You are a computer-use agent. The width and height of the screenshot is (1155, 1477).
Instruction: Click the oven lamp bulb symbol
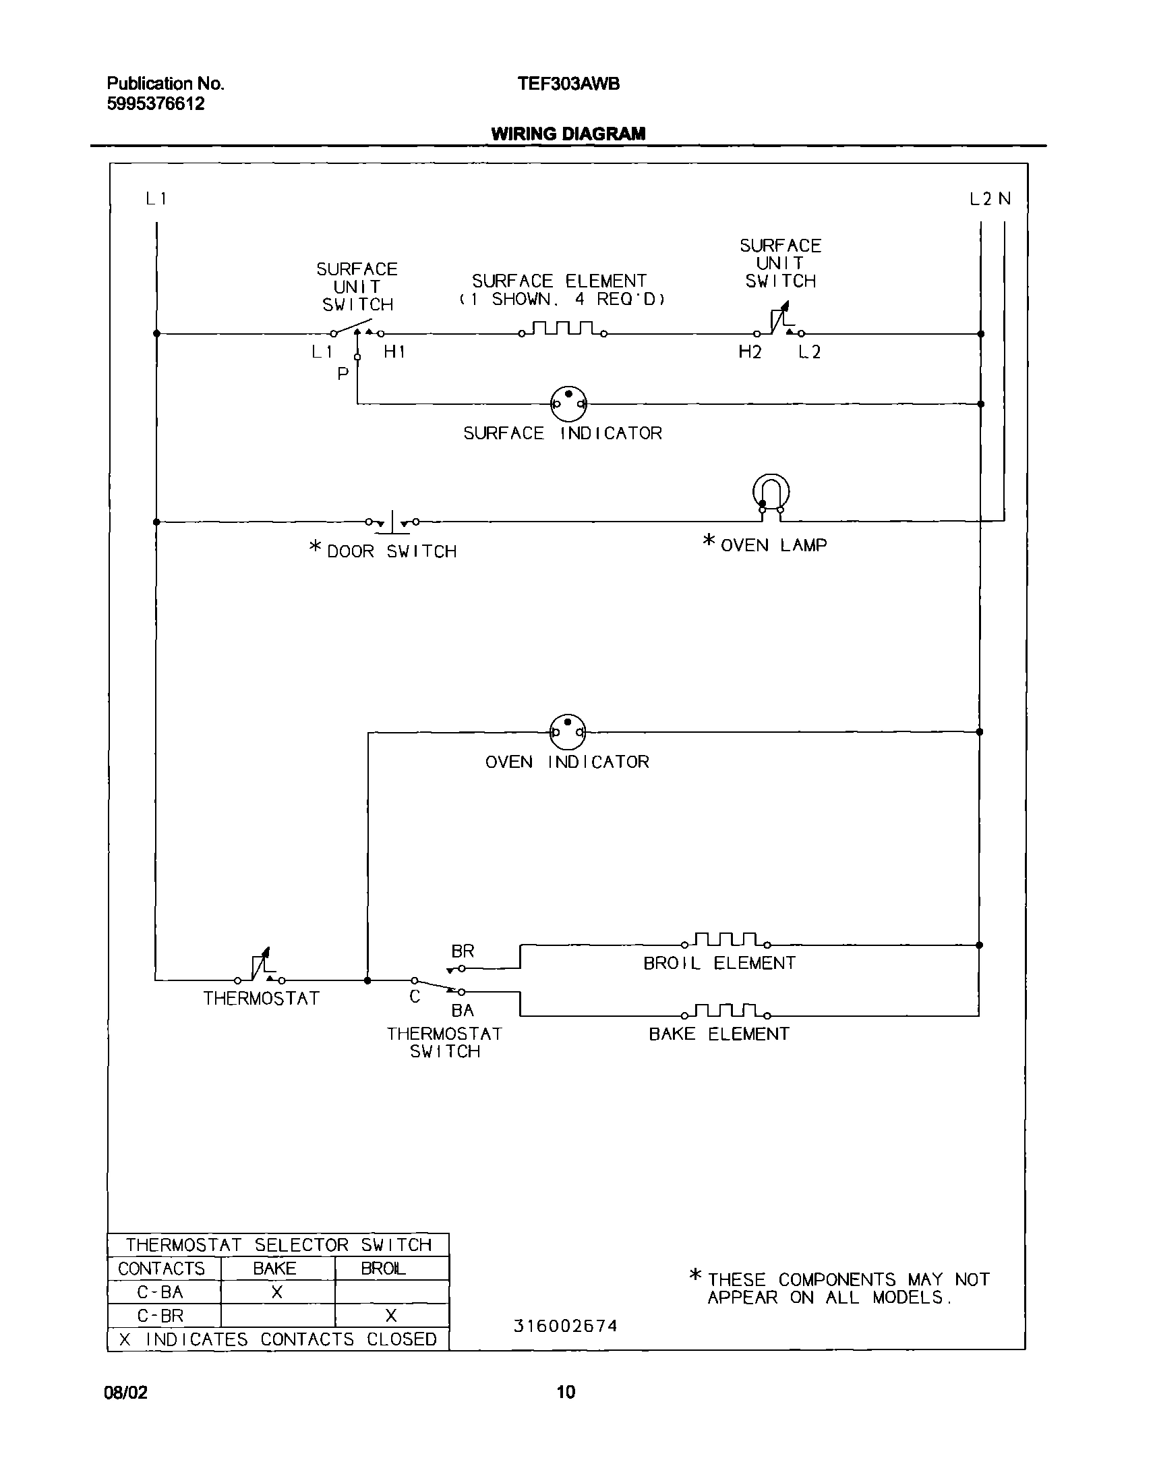coord(771,492)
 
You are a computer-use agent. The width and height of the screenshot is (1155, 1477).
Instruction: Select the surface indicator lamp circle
coord(568,404)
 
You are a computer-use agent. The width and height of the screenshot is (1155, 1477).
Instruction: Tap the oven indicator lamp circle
coord(567,731)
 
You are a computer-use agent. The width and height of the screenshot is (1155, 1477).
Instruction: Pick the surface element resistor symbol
coord(562,329)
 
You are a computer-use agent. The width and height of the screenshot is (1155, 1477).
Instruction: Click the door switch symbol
coord(392,522)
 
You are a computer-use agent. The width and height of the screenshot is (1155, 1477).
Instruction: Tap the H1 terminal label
coord(394,352)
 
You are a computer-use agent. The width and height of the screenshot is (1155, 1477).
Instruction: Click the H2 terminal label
coord(750,352)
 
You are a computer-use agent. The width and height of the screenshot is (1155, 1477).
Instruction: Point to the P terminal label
coord(343,374)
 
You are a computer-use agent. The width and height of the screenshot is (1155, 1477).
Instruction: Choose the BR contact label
coord(463,951)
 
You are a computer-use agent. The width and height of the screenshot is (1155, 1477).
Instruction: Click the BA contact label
coord(463,1010)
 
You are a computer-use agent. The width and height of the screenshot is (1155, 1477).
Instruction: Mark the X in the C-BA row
coord(277,1292)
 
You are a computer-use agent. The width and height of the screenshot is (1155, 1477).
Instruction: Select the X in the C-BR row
coord(391,1315)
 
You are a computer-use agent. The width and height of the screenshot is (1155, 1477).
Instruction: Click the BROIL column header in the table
coord(384,1269)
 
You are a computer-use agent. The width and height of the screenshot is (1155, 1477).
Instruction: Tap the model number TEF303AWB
coord(568,84)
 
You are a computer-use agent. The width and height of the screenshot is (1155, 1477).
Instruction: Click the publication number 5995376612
coord(156,103)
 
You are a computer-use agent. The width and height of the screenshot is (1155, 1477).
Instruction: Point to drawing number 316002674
coord(565,1326)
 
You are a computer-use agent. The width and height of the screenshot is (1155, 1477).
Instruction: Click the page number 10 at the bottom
coord(566,1391)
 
